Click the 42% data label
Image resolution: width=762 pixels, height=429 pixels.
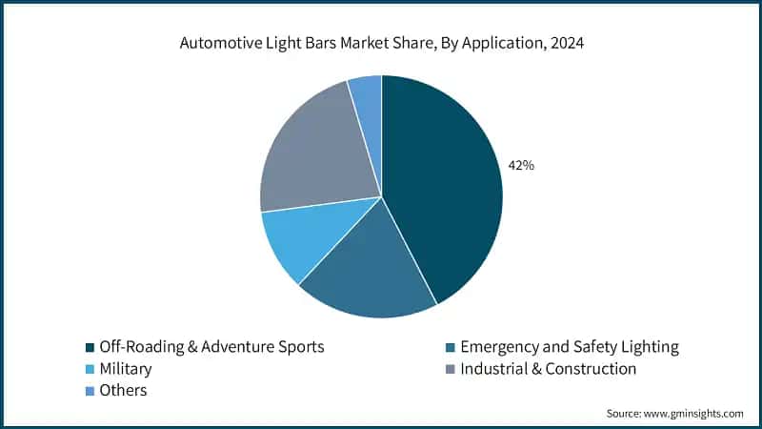click(x=521, y=165)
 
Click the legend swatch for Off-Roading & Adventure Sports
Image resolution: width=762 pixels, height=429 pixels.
click(x=90, y=347)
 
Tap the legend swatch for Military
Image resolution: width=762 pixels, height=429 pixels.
click(x=90, y=369)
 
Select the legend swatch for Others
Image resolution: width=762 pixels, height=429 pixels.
click(x=90, y=391)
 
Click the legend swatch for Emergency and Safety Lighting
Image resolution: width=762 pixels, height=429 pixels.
click(x=450, y=347)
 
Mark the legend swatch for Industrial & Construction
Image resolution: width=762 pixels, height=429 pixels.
click(x=450, y=369)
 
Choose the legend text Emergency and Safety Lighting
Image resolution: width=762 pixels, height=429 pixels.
click(x=569, y=347)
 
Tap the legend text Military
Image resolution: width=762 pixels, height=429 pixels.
click(x=126, y=369)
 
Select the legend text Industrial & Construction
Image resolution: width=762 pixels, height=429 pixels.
click(x=548, y=369)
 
